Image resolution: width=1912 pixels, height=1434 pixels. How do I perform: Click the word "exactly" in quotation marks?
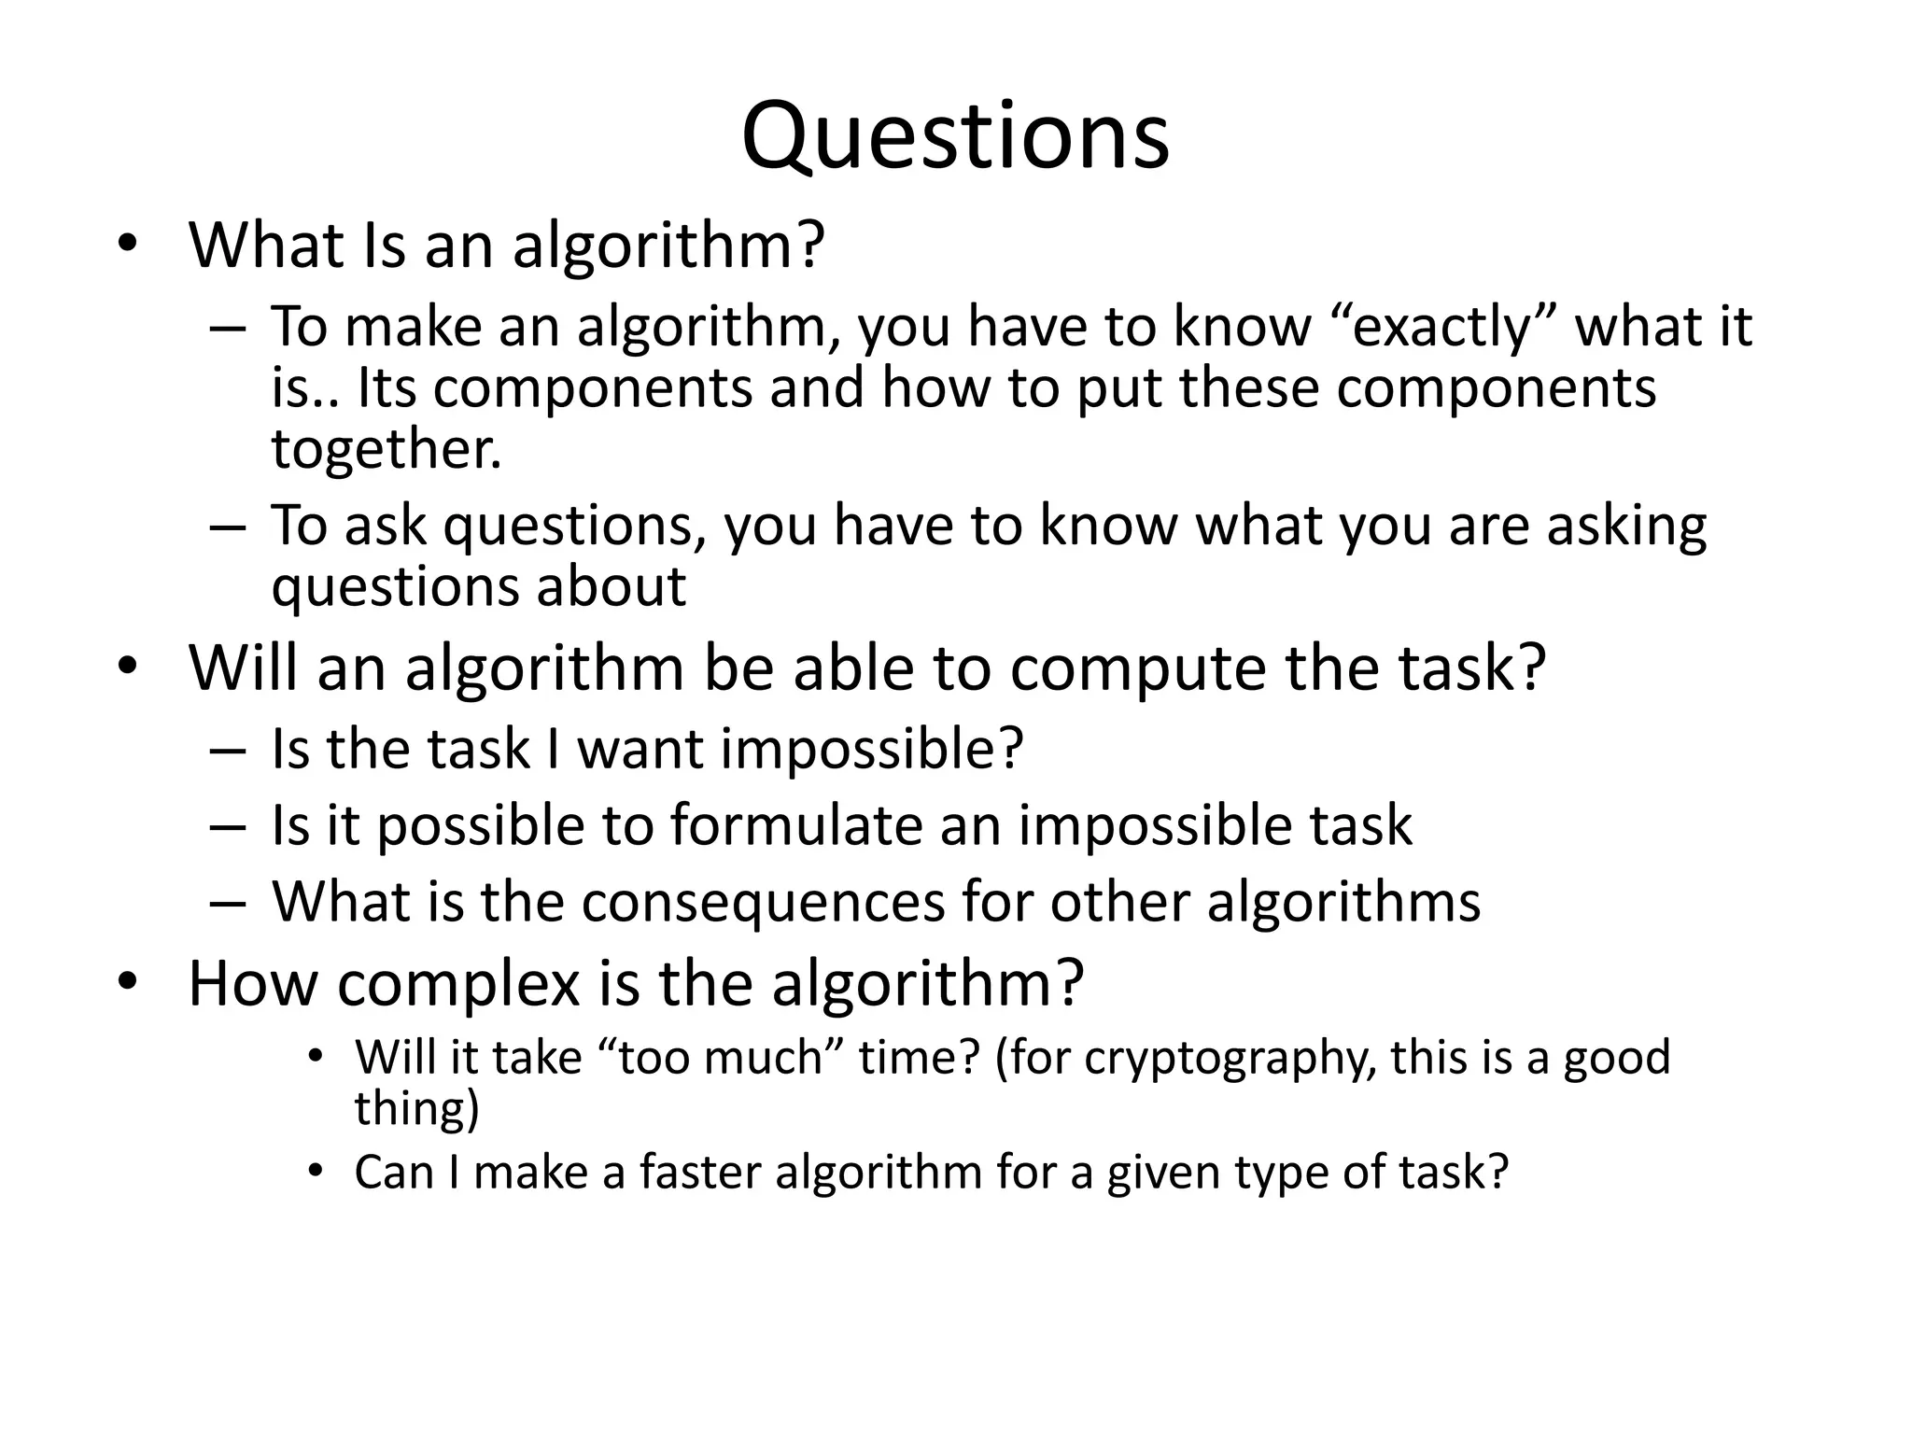tap(1443, 327)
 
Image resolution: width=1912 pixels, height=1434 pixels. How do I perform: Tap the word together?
tap(386, 449)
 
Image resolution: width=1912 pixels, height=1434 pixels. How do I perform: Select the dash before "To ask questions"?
tap(227, 526)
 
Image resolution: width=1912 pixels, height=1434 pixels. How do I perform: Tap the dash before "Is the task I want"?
tap(227, 749)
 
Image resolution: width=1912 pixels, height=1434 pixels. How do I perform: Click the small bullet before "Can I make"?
tap(316, 1171)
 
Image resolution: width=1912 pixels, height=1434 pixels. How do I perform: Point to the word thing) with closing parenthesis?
tap(415, 1109)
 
